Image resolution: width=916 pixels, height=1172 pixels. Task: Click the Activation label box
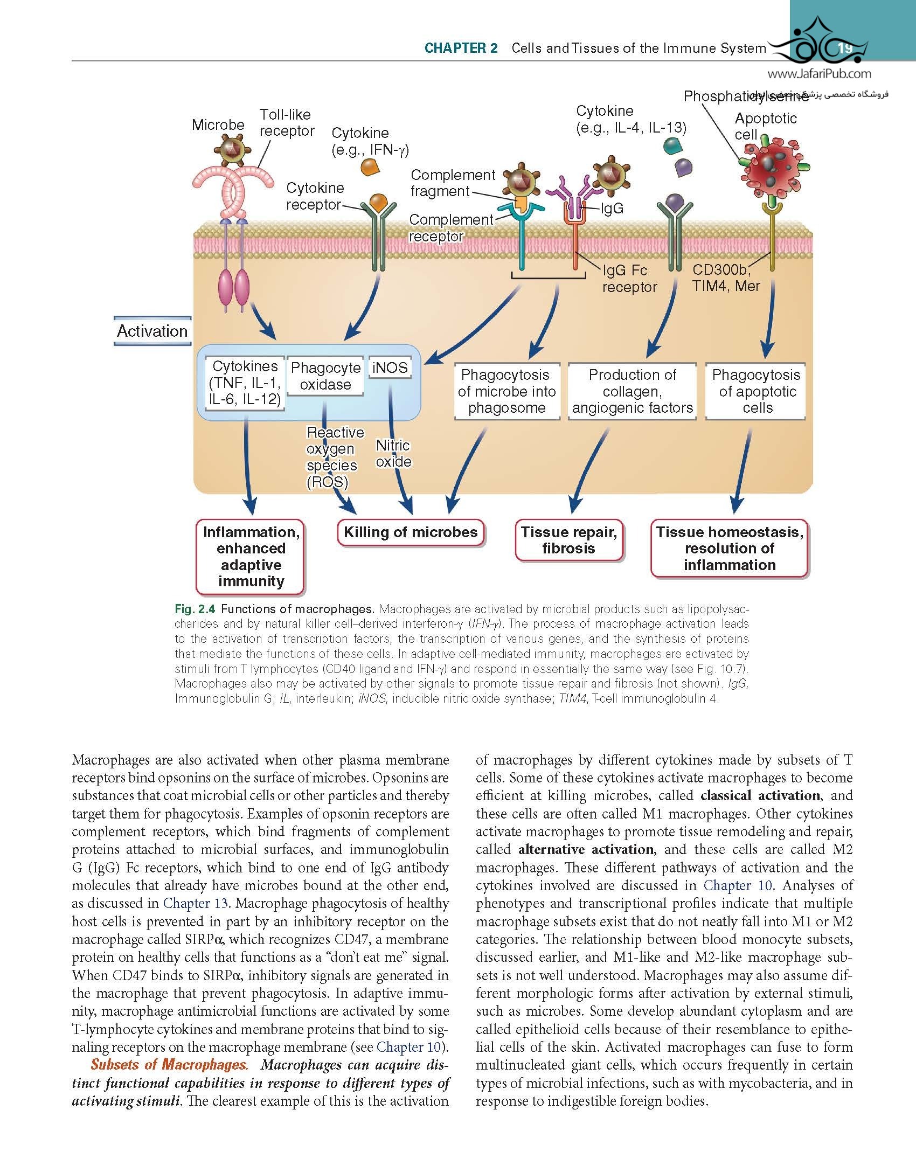(x=152, y=331)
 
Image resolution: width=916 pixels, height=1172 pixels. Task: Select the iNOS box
(x=390, y=368)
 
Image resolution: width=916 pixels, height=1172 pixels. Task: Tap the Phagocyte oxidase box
(x=325, y=376)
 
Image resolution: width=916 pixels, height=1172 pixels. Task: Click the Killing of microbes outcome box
(x=411, y=533)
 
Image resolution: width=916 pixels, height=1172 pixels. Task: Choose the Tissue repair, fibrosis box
(x=568, y=540)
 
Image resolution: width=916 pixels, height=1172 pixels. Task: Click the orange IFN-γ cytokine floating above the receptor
(x=370, y=167)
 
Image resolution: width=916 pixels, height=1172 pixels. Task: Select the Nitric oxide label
(x=393, y=454)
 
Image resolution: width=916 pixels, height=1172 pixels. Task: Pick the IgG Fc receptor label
(x=629, y=279)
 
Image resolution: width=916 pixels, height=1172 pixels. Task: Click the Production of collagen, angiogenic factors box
(x=632, y=391)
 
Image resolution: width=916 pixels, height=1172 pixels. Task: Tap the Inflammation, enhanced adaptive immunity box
(x=251, y=557)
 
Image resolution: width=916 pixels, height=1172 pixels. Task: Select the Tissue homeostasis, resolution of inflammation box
(x=729, y=549)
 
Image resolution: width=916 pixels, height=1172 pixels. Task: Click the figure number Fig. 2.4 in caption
(x=195, y=609)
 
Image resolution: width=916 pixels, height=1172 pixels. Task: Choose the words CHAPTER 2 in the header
(x=461, y=48)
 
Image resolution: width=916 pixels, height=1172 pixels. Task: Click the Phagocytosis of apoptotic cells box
(x=756, y=391)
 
